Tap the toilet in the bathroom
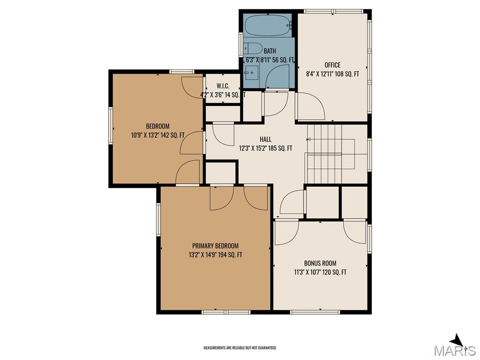253,48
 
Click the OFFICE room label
332,65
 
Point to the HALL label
265,139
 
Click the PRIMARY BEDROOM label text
215,246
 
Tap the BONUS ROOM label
320,263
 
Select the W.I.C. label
223,86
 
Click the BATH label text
270,51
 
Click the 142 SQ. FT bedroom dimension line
157,135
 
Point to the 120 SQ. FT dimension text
335,272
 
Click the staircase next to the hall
330,154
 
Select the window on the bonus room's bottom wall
315,312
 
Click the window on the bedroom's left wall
111,126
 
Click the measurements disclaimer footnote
240,348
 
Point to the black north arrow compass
458,341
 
